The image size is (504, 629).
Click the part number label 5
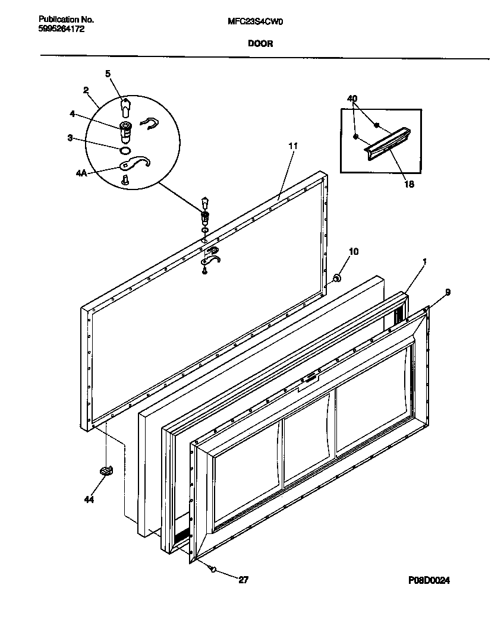tap(108, 74)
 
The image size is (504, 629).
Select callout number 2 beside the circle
tap(86, 90)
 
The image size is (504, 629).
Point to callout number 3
tap(70, 138)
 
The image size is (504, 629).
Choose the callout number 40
tap(352, 98)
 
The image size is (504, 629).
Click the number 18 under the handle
tap(409, 184)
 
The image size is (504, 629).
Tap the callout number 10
tap(354, 251)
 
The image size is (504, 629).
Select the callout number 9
tap(448, 292)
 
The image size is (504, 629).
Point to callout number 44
tap(89, 500)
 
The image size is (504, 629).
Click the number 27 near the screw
tap(243, 580)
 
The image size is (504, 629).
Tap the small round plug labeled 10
tap(336, 277)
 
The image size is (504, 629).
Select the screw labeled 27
tap(212, 569)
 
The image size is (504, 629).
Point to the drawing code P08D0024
tap(433, 580)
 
